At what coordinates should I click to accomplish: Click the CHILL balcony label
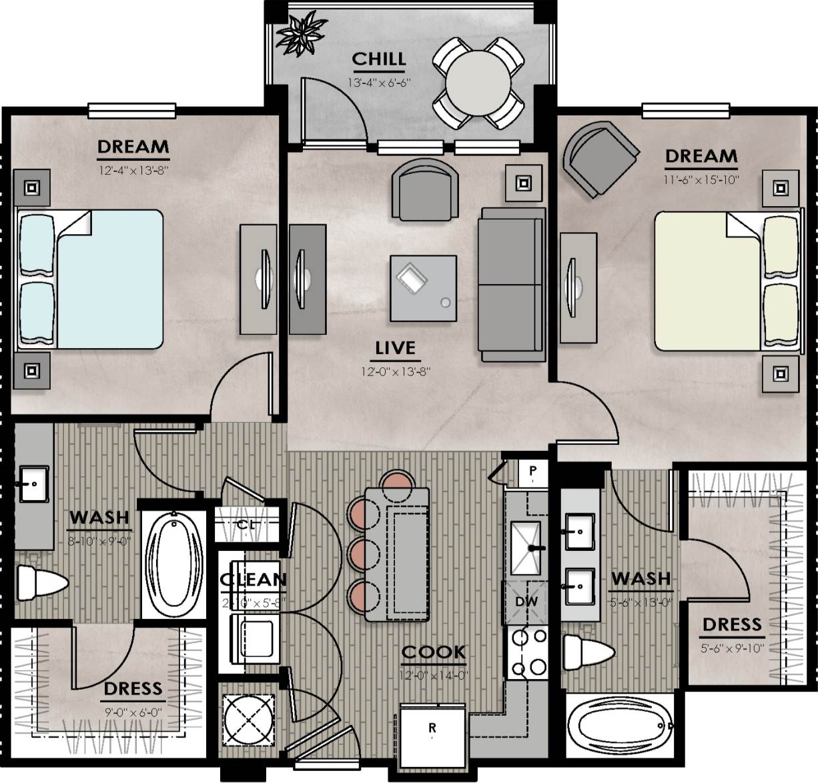pos(378,59)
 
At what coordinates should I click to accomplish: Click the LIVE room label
pos(395,348)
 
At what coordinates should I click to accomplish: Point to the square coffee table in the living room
pos(424,289)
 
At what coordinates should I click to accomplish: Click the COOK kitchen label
pos(434,652)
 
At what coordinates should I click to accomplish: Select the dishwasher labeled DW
pos(526,602)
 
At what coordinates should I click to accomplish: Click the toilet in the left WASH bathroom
pos(40,584)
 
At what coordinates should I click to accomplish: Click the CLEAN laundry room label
pos(254,580)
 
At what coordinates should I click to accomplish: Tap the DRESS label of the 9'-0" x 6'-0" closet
pos(133,688)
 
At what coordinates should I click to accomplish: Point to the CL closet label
pos(246,525)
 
